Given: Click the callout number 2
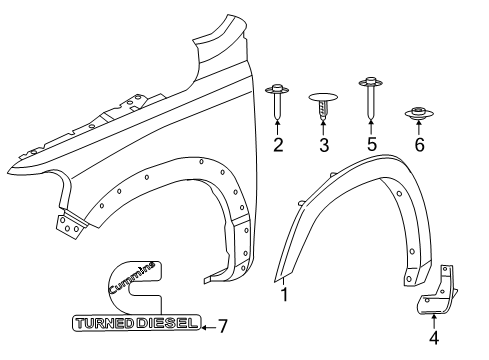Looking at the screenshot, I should [278, 146].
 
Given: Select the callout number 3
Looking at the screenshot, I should [324, 146].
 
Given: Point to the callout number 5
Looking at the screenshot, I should [370, 146].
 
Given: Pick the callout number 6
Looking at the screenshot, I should [419, 146].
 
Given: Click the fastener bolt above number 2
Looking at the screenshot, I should [278, 101].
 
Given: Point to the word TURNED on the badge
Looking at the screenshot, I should [104, 323].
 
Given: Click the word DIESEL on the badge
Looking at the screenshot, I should [164, 323].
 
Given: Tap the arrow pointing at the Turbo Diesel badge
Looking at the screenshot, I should [206, 324].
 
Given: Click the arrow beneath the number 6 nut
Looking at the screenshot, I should [419, 128].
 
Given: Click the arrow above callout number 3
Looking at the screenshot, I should [324, 128].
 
